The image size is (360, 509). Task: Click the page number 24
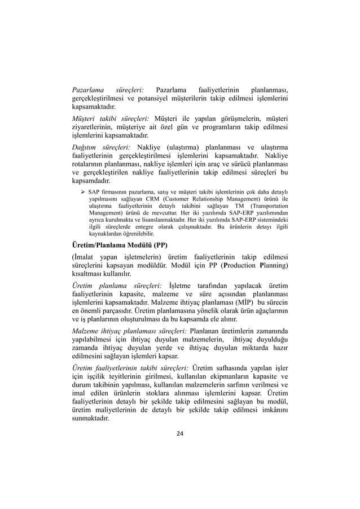click(x=180, y=433)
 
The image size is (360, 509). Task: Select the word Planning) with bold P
click(x=274, y=265)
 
